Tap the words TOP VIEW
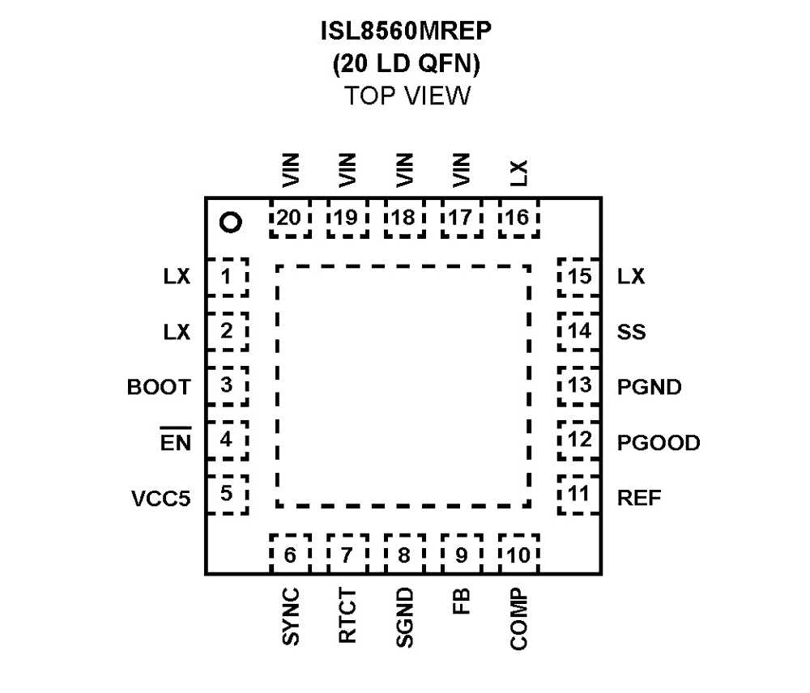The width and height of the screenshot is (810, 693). coord(407,96)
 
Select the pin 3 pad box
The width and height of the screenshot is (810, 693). coord(227,386)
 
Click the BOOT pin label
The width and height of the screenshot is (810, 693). coord(159,387)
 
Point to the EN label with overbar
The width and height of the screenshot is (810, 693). coord(176,441)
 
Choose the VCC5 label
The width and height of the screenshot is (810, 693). coord(161,497)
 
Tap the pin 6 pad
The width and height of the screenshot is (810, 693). coord(290,555)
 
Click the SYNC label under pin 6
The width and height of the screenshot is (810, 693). coord(291,617)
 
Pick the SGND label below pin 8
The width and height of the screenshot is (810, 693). coord(405,618)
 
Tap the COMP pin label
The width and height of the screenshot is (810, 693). coord(519,619)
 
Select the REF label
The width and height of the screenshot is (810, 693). coord(639,497)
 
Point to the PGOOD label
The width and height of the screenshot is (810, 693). coord(658,443)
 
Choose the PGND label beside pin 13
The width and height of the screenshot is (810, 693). coord(649,387)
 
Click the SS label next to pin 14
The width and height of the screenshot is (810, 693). coord(631,332)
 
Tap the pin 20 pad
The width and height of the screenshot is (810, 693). coord(290,217)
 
